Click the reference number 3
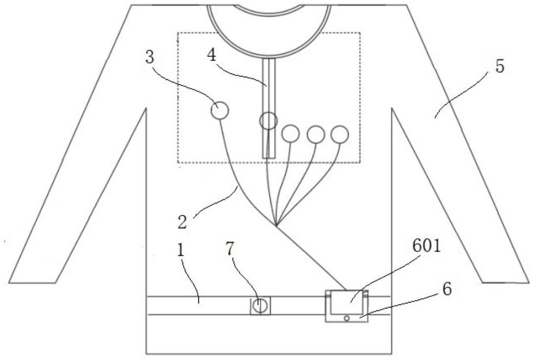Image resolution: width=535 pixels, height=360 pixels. point(149,58)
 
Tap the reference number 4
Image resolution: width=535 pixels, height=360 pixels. point(212,56)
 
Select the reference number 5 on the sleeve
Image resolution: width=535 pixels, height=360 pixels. point(499,66)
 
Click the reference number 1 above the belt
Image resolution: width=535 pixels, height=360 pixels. point(180,251)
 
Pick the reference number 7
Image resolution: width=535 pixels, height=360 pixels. point(230,249)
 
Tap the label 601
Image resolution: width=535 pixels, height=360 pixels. point(427,246)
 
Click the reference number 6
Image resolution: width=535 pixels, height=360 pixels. point(447,289)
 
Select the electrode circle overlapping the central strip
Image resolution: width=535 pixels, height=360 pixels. point(269,112)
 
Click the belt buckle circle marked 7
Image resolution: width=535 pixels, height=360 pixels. point(261,305)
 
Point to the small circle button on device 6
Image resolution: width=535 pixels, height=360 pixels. point(347,318)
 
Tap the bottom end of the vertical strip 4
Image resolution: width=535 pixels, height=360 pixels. point(269,158)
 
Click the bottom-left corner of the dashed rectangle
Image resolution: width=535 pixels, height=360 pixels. point(178,163)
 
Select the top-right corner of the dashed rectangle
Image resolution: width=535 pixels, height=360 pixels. point(360,33)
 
